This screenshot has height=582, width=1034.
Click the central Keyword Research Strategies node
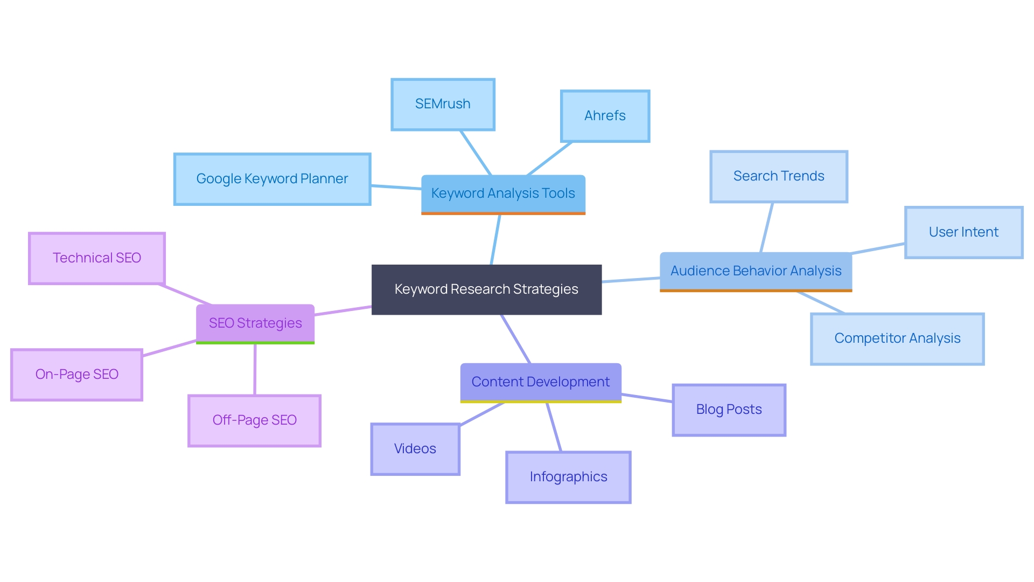[486, 289]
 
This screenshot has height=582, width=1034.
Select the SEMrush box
[443, 104]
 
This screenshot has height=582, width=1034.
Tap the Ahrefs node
[605, 116]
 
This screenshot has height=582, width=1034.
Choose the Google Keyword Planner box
[272, 179]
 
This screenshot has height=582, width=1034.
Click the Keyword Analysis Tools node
[503, 193]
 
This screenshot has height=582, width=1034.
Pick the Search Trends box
[779, 176]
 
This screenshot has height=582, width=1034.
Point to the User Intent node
[963, 232]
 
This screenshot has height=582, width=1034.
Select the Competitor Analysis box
[897, 338]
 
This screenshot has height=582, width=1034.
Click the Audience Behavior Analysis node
[756, 271]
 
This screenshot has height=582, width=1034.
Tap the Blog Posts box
[729, 410]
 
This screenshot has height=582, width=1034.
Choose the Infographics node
[568, 477]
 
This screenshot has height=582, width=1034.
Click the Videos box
[415, 449]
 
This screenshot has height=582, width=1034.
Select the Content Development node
[540, 382]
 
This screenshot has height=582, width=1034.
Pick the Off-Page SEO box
[254, 420]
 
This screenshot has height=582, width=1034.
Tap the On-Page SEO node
[76, 375]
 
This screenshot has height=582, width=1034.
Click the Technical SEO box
[97, 258]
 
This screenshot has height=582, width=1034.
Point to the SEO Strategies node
[255, 323]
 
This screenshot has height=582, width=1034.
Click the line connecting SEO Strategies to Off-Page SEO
[255, 370]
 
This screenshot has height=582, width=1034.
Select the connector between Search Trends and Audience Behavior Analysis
[766, 227]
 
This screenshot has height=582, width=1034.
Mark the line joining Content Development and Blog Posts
[647, 398]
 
